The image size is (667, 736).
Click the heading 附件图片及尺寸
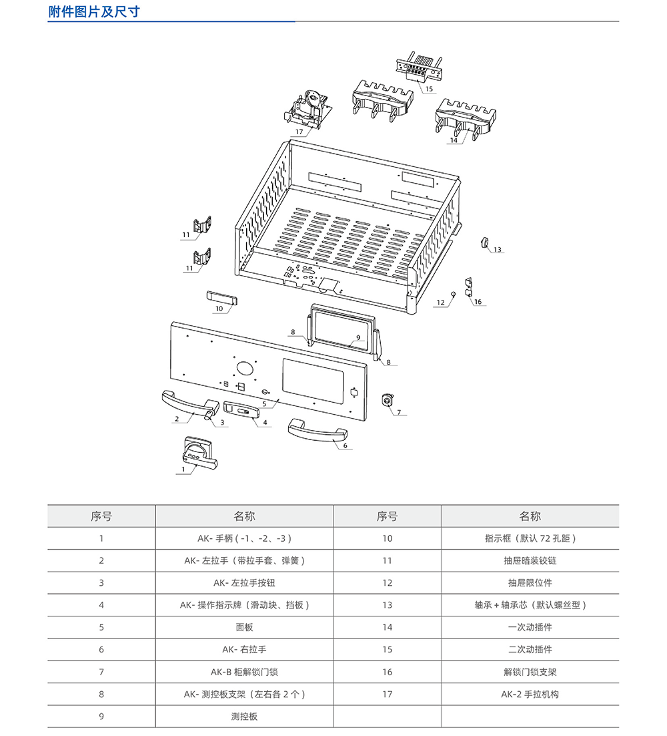[94, 11]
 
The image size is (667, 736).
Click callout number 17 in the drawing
[299, 132]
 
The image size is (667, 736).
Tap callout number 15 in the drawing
[429, 88]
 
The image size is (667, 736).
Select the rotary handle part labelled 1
[197, 453]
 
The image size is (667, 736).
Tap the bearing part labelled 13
[485, 242]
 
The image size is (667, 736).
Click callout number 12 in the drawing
[440, 303]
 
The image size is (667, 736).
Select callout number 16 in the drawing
[478, 302]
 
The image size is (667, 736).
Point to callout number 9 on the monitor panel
[358, 337]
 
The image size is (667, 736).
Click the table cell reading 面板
[244, 627]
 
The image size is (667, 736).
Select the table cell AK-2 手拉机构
[530, 694]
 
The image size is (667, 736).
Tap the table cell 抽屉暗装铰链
[530, 560]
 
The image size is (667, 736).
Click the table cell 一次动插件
[530, 627]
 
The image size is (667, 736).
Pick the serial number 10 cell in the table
[387, 538]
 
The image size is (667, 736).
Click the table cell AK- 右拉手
[244, 649]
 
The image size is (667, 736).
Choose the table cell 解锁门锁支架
[530, 672]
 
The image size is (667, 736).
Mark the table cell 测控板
[244, 716]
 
